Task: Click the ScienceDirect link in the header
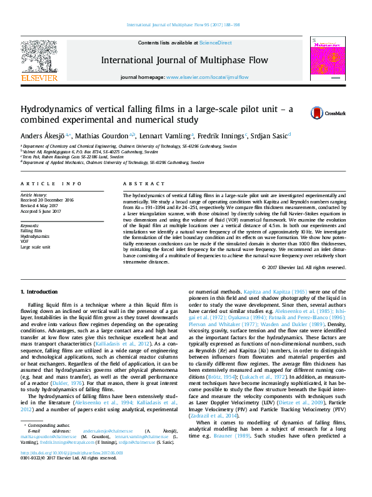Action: click(216, 43)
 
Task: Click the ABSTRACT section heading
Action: click(139, 183)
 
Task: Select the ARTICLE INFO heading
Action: click(51, 183)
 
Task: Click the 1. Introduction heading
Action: click(40, 292)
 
